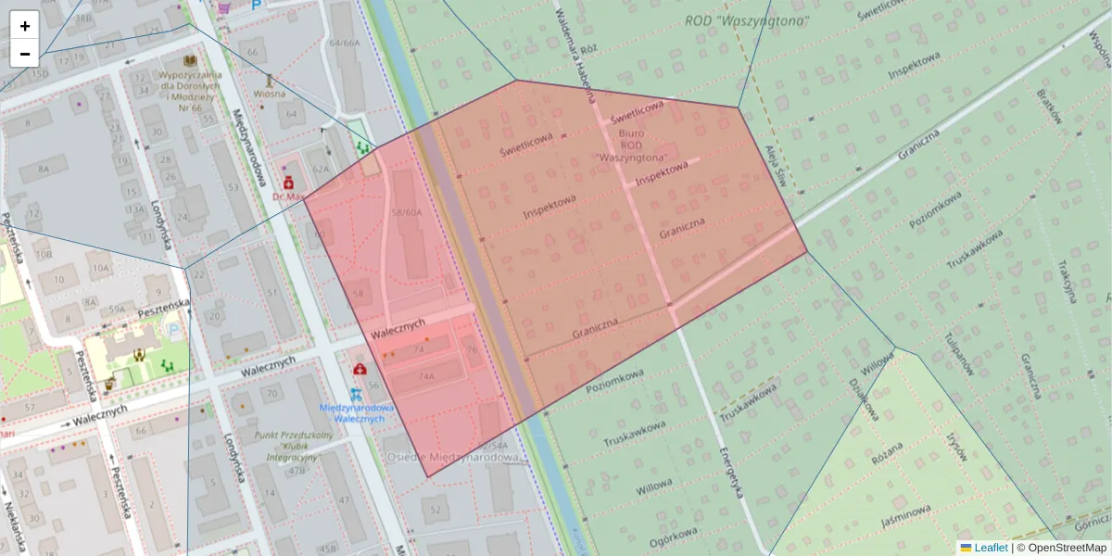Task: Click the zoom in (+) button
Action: pyautogui.click(x=25, y=26)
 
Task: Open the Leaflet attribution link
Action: pyautogui.click(x=990, y=548)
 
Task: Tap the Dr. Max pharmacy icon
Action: pyautogui.click(x=288, y=182)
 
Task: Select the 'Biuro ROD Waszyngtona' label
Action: pyautogui.click(x=632, y=145)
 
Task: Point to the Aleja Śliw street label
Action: pyautogui.click(x=776, y=166)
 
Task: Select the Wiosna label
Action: pyautogui.click(x=270, y=94)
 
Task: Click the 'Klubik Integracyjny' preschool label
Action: pyautogui.click(x=284, y=446)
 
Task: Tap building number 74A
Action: pyautogui.click(x=425, y=377)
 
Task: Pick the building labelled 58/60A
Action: pyautogui.click(x=407, y=212)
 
